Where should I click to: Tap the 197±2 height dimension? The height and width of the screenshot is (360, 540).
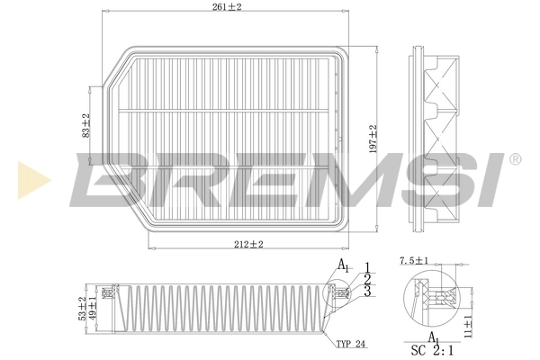click(372, 139)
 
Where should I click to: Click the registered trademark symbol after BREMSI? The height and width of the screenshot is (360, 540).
click(514, 159)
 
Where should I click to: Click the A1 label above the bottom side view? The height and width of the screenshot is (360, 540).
click(344, 265)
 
